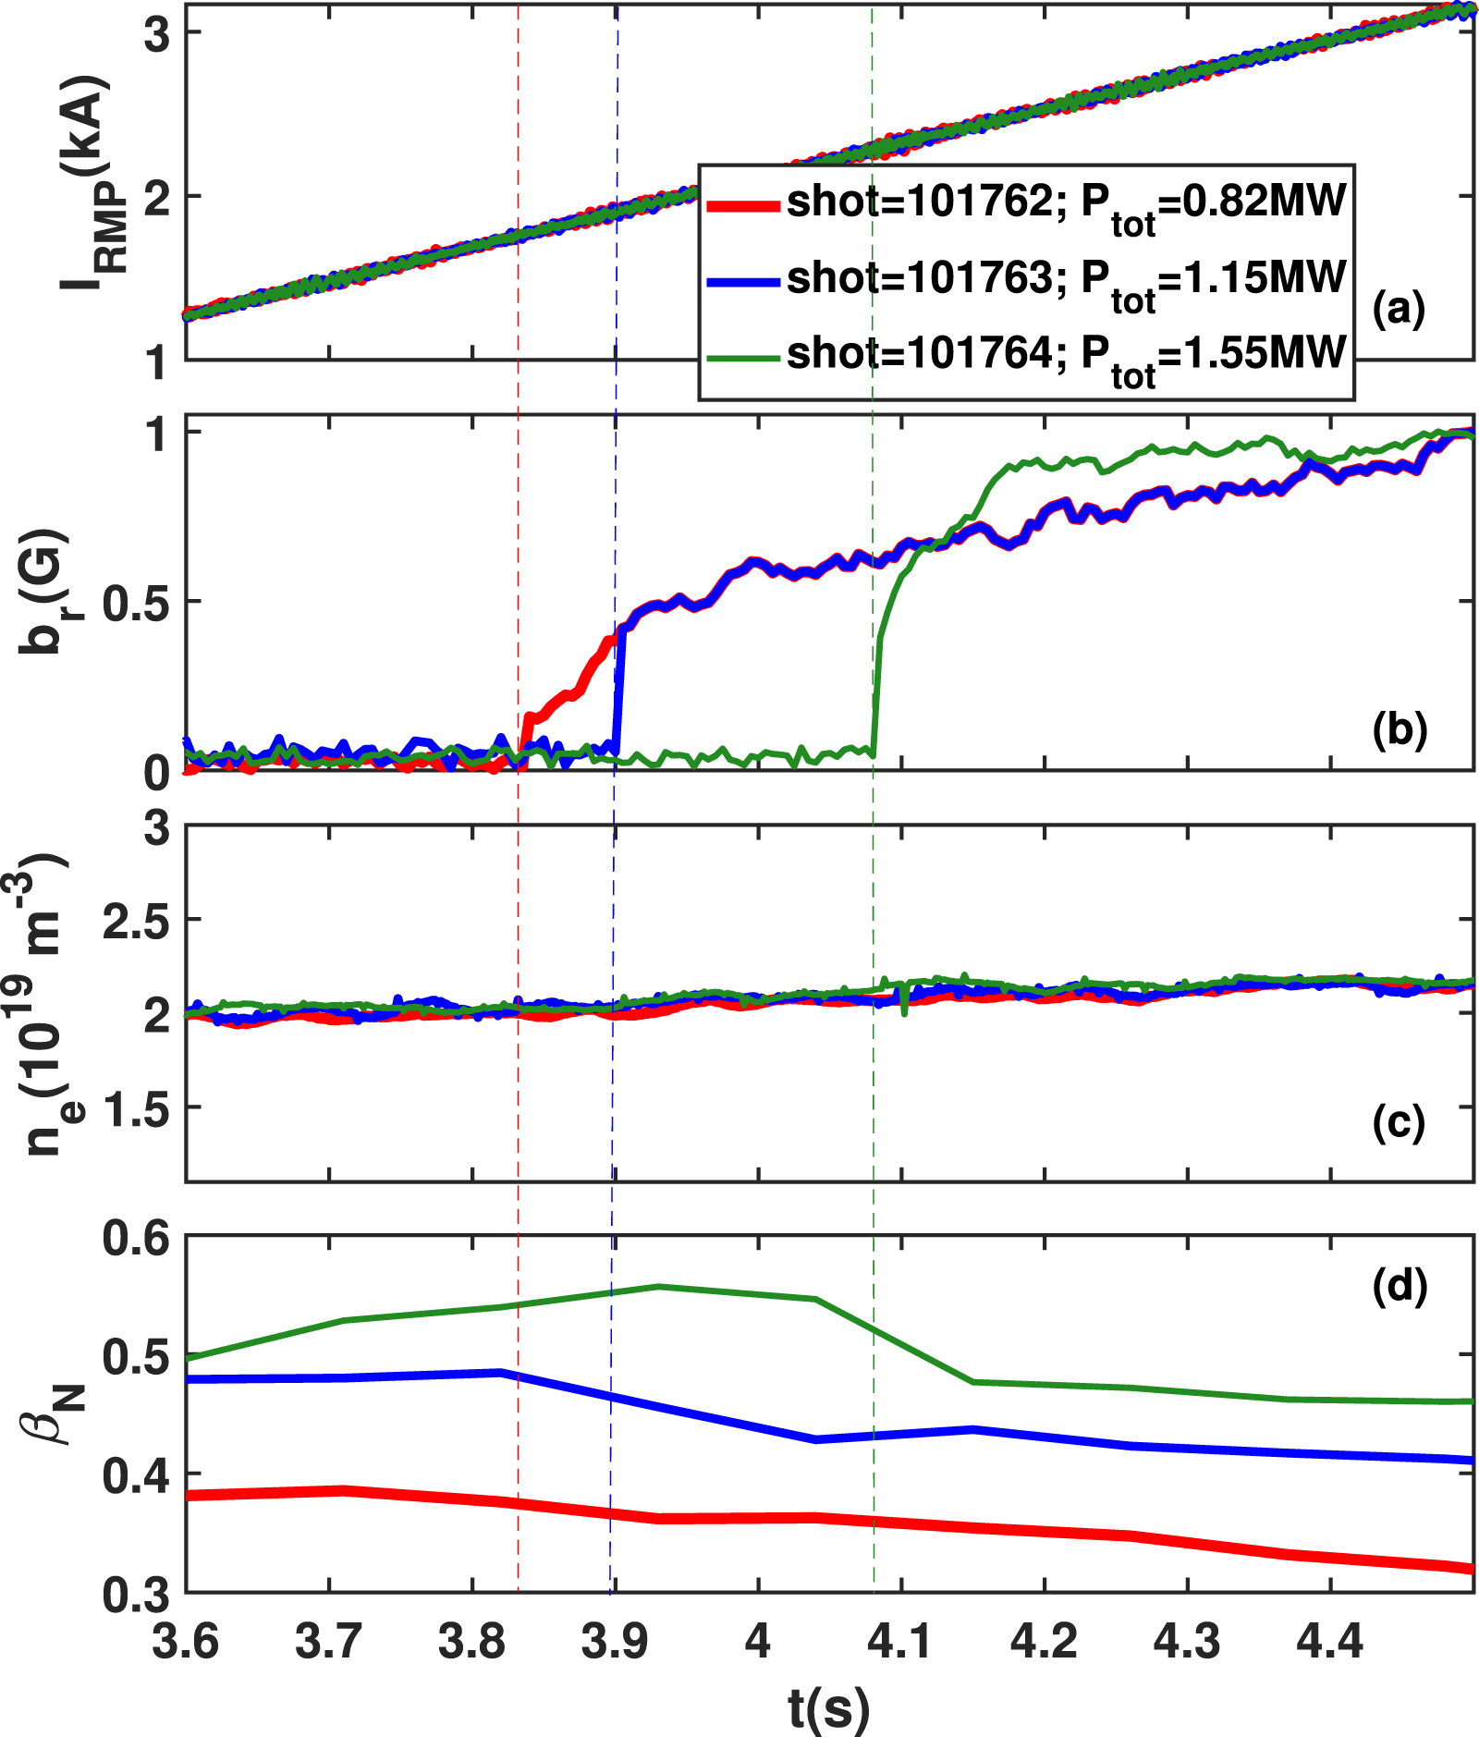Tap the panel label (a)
coord(1399,309)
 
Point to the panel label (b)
coord(1400,729)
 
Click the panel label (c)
coord(1399,1122)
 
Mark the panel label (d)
coord(1400,1286)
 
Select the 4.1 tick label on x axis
coord(901,1642)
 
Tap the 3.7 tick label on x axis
coord(329,1642)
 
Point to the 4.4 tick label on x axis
coord(1329,1642)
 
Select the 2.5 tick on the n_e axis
coord(137,921)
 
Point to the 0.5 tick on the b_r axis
coord(137,603)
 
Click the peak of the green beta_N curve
coord(657,1286)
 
